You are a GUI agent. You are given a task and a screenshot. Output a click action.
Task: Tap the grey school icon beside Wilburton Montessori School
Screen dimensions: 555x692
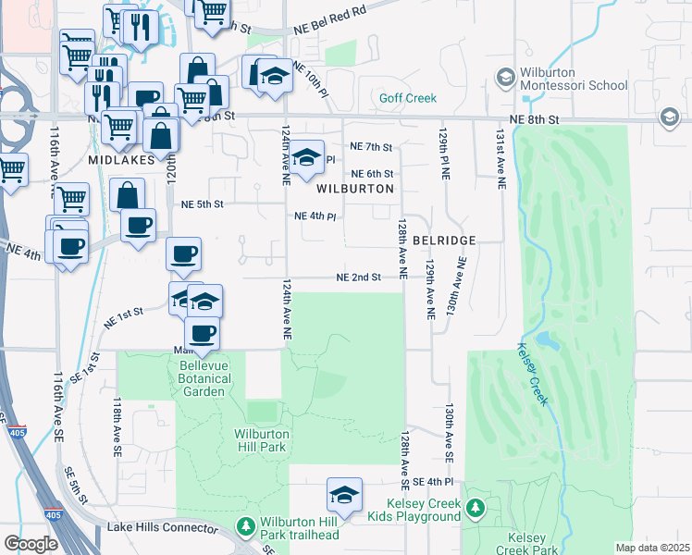(505, 78)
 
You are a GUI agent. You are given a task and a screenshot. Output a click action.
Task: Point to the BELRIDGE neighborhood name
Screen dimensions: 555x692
(444, 240)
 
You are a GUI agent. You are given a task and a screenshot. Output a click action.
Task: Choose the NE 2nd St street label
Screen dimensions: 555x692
(359, 277)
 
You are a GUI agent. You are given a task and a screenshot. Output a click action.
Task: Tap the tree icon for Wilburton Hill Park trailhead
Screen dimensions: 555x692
(245, 526)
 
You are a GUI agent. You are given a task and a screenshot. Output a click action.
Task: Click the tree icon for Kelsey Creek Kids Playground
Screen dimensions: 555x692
(476, 508)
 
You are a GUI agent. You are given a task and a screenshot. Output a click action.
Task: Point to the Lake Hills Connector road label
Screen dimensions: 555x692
(154, 526)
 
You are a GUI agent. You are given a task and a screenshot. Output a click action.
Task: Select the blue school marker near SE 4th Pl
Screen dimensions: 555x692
(344, 495)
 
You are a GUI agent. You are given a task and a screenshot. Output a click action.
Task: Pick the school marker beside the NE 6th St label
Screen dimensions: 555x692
(306, 158)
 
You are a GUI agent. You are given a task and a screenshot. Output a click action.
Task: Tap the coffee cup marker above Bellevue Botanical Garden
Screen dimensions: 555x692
(202, 332)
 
